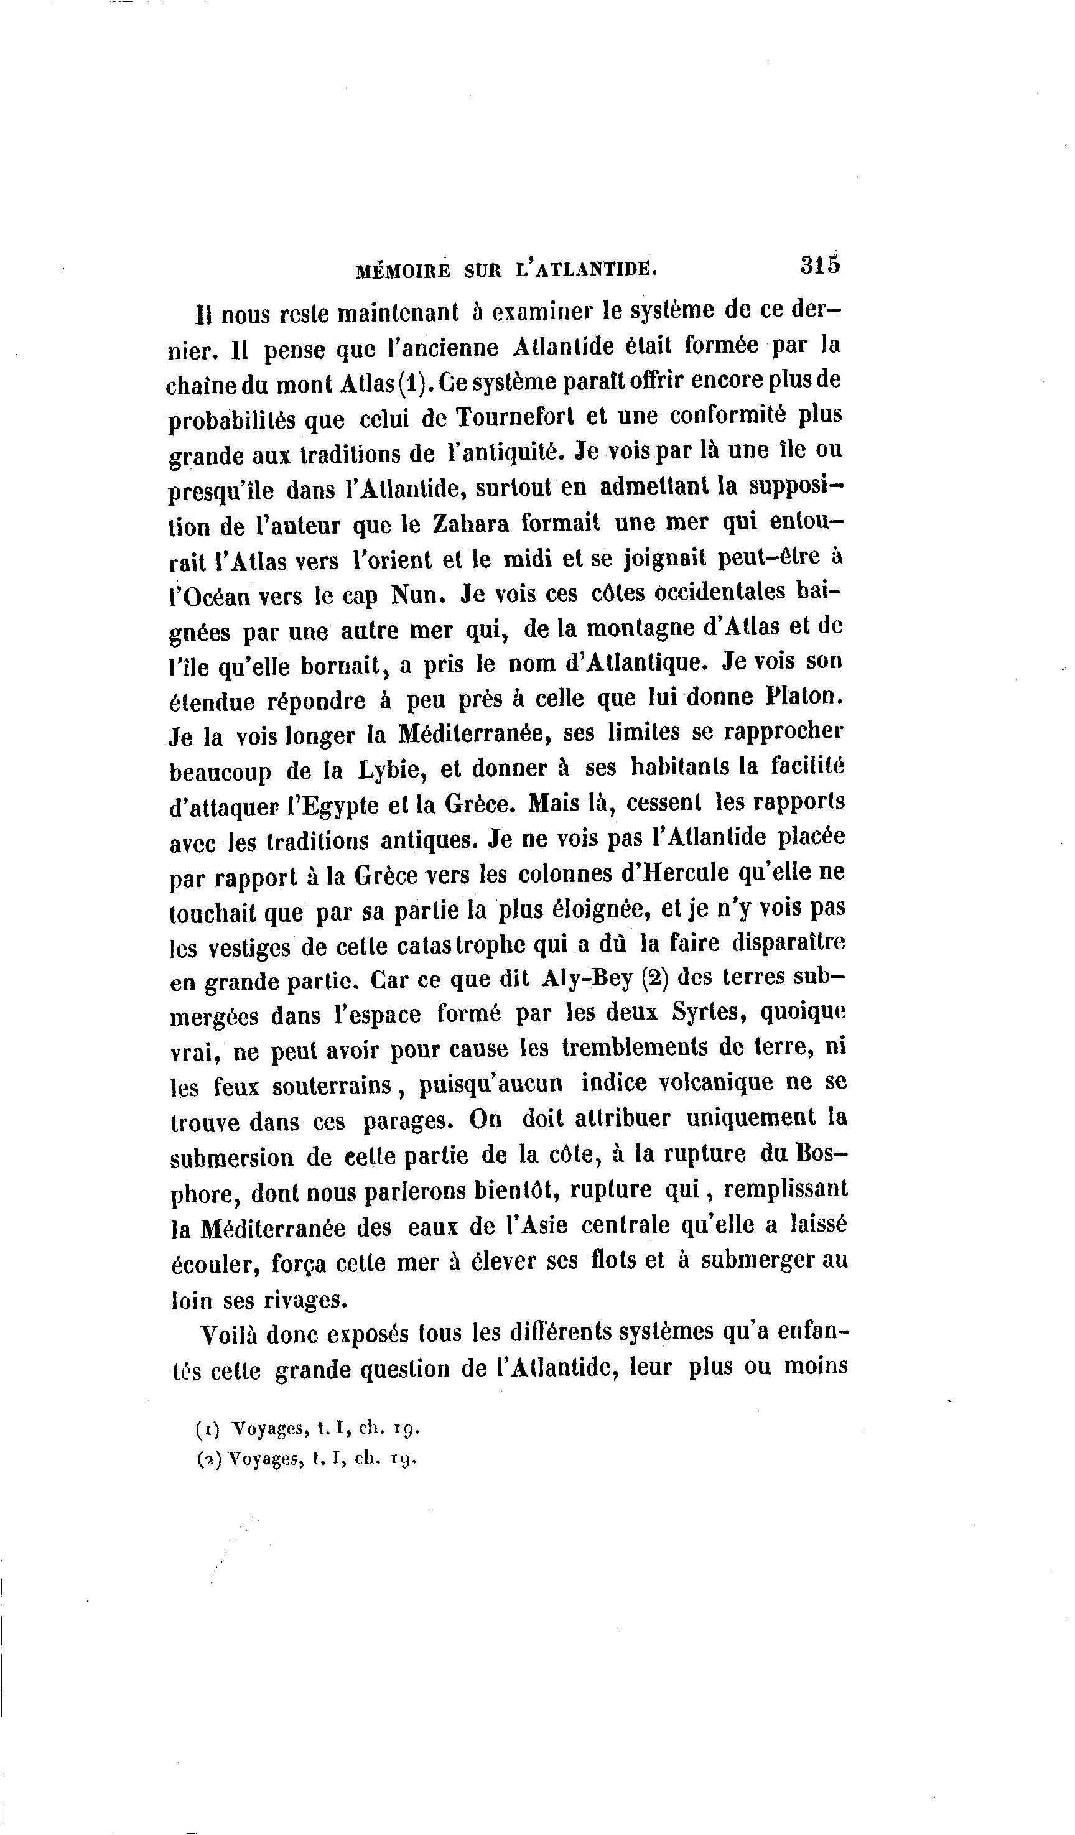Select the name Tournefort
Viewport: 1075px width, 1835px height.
pos(516,417)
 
